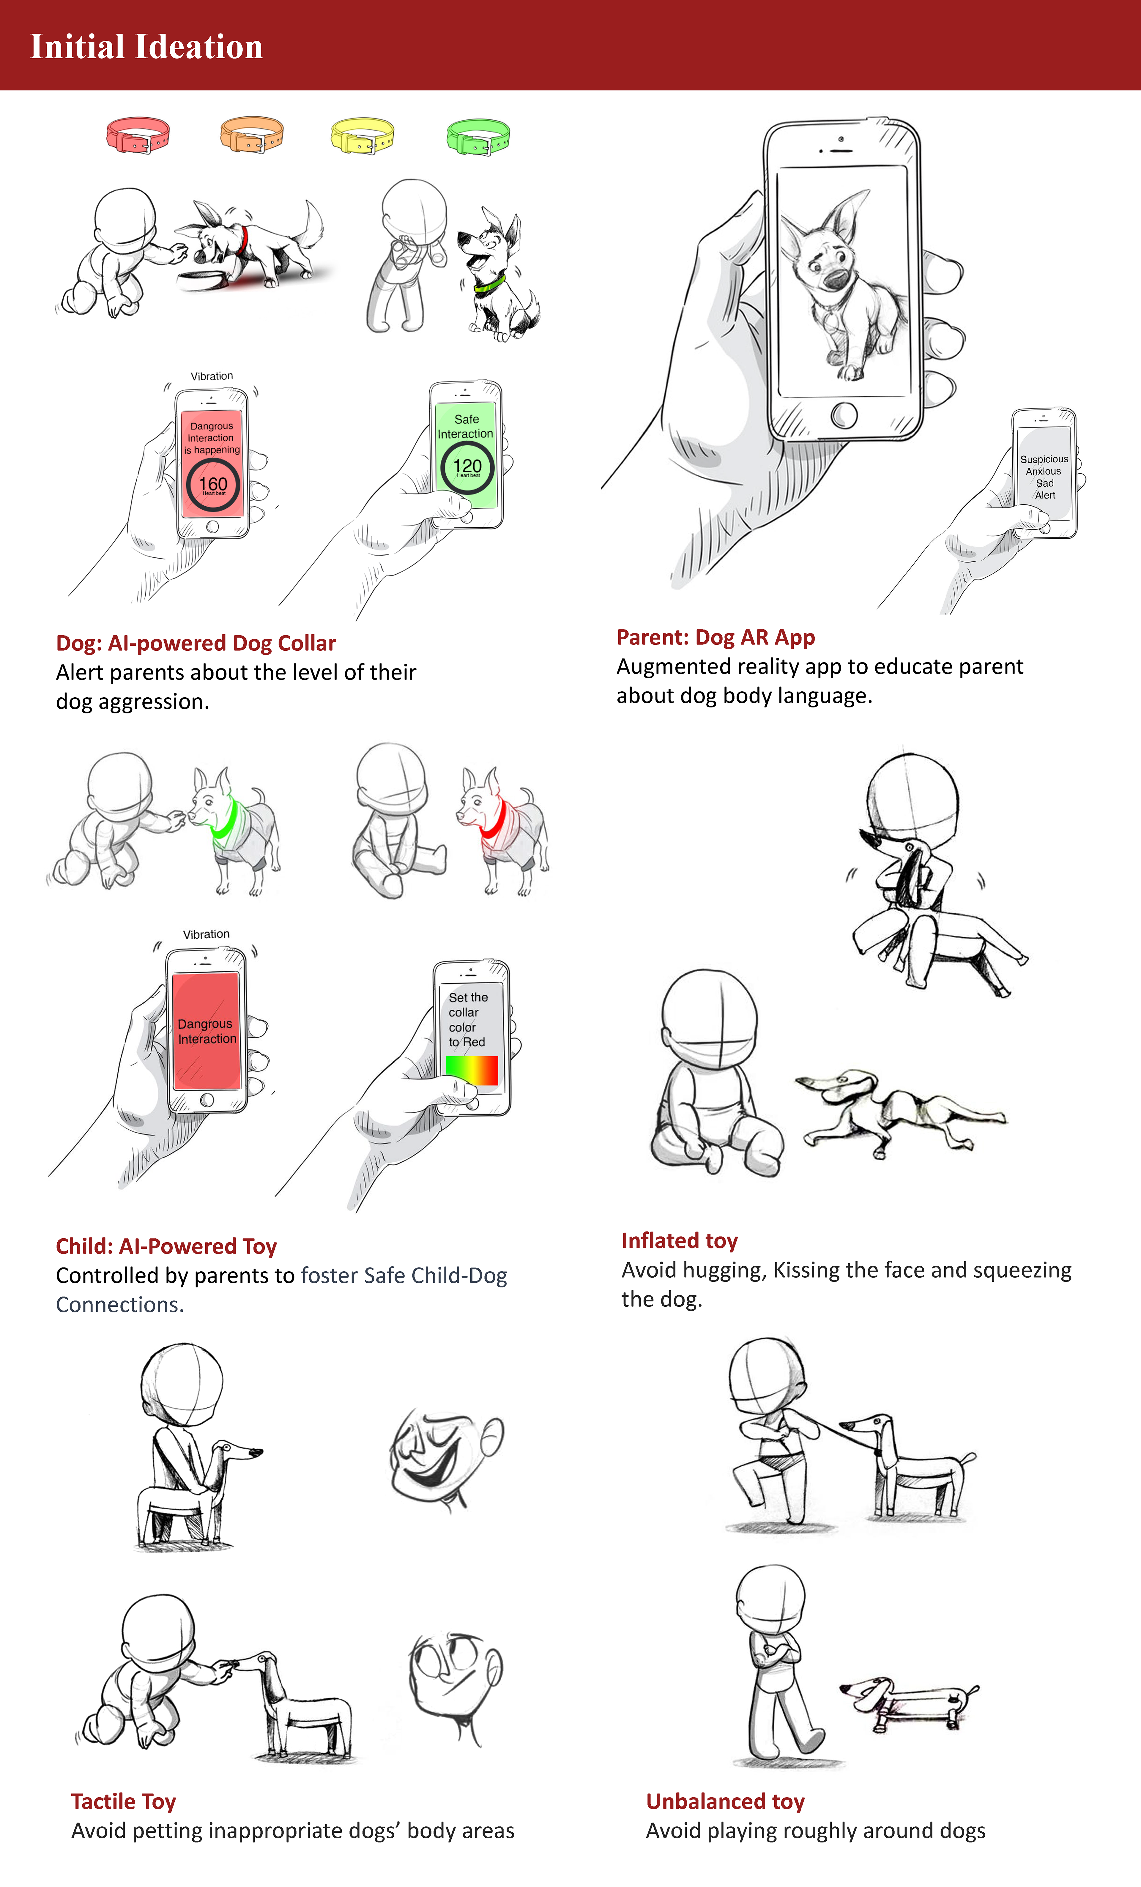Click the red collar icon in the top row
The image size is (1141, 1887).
coord(138,135)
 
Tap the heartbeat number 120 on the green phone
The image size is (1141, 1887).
coord(467,466)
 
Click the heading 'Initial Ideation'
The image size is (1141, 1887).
coord(146,47)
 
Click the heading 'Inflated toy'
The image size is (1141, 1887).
coord(679,1241)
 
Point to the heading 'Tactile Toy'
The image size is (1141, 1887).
coord(123,1801)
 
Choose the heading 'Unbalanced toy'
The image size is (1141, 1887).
coord(725,1801)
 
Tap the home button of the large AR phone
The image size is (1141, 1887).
coord(844,415)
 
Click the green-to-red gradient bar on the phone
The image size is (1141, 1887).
coord(472,1070)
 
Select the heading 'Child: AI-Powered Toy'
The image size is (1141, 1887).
coord(166,1246)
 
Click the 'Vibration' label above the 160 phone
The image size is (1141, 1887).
coord(211,376)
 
